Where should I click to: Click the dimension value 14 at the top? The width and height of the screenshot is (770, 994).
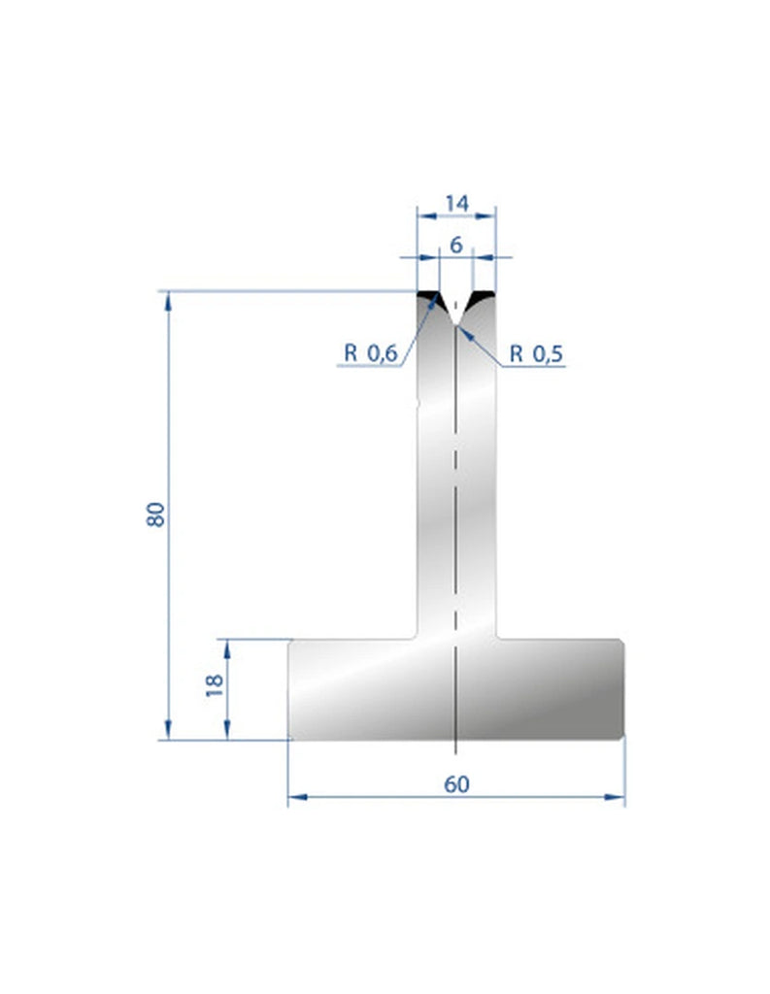(x=456, y=203)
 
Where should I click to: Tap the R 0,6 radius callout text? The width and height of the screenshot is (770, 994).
(x=371, y=354)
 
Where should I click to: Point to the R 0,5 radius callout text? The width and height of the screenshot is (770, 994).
(x=536, y=354)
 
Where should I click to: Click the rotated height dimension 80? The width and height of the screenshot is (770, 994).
(x=155, y=514)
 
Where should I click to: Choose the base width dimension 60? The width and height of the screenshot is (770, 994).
(x=456, y=783)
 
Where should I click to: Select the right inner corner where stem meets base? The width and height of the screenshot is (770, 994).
(x=496, y=637)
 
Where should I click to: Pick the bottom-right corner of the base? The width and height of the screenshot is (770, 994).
(x=621, y=737)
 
